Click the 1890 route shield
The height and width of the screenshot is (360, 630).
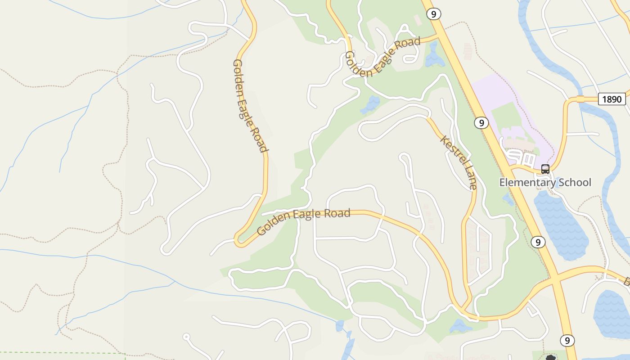612,99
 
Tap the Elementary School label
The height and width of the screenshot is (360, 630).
545,182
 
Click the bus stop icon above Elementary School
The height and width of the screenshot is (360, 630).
545,169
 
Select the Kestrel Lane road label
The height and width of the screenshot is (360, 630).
459,162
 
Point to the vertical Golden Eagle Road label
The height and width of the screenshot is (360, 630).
250,106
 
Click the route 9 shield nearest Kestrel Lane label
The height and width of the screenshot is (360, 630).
481,122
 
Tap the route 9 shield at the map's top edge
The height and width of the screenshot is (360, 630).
433,14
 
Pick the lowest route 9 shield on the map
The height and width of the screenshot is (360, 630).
567,340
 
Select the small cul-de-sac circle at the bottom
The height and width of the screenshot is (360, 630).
186,337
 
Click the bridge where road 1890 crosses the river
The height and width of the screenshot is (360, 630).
581,99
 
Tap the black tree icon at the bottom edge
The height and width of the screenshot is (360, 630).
551,358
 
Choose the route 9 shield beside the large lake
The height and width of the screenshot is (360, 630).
538,242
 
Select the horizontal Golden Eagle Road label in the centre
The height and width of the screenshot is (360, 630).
303,221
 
